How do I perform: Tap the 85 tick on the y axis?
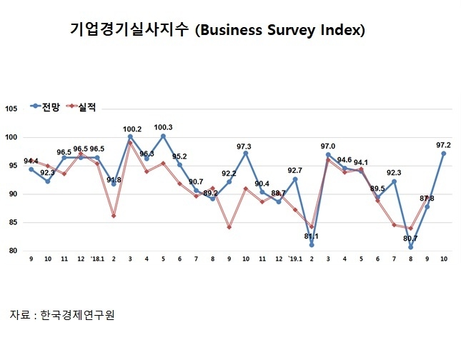[x=13, y=223]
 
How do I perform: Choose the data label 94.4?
[x=31, y=161]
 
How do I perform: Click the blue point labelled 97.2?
[x=444, y=153]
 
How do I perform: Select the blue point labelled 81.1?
[x=312, y=245]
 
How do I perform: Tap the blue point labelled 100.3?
[x=163, y=136]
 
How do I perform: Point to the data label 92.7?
[x=294, y=171]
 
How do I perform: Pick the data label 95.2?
[x=179, y=156]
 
